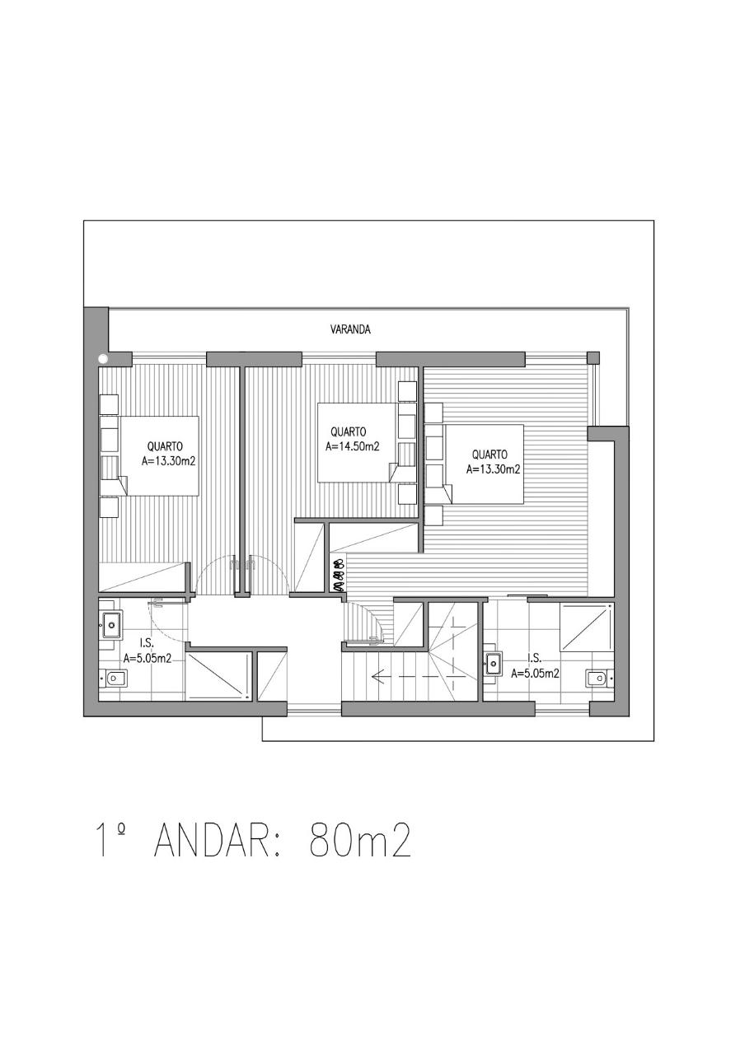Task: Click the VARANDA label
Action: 350,330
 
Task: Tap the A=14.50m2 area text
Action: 353,446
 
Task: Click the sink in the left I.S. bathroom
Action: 111,625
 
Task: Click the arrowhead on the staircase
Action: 377,677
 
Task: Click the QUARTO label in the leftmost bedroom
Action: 165,446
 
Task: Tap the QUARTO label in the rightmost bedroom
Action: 489,455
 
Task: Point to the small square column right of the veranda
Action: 593,357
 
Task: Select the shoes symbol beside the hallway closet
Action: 339,575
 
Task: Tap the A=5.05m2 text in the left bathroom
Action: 147,660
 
